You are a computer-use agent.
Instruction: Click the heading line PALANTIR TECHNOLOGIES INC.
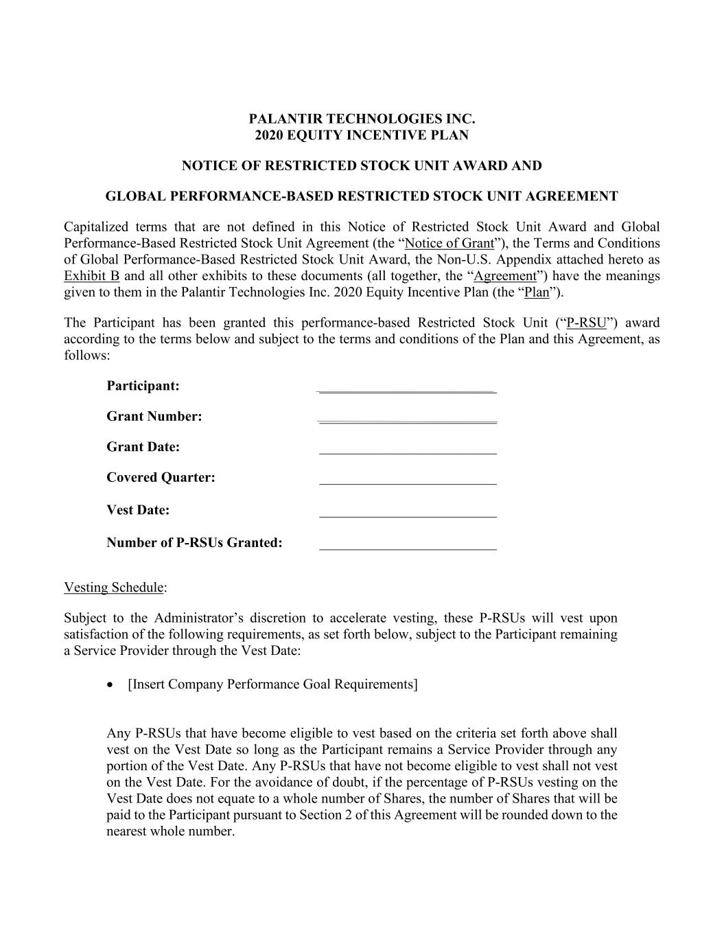[362, 119]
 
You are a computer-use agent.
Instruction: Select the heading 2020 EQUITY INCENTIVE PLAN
[362, 135]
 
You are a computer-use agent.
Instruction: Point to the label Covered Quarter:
[161, 478]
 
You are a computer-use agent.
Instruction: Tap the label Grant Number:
[154, 417]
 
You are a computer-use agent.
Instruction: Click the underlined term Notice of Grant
[449, 243]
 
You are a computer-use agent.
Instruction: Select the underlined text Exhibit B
[91, 276]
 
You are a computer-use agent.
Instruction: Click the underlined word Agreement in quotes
[505, 276]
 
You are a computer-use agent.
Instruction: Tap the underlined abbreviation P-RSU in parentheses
[587, 323]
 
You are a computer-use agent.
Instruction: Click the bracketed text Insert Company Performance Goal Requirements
[272, 684]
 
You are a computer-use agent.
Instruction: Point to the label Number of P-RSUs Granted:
[194, 543]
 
